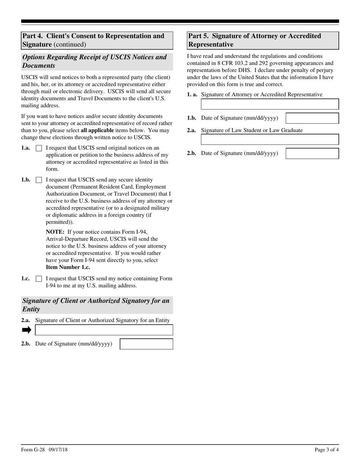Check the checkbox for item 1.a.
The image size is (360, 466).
tap(39, 149)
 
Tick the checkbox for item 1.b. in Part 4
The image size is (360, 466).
tap(39, 180)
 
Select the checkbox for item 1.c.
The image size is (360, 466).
tap(39, 279)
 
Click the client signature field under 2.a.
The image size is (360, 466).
tap(104, 330)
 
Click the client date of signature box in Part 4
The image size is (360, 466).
tap(146, 344)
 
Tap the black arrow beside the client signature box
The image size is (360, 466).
tap(27, 330)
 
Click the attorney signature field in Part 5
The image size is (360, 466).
tap(270, 104)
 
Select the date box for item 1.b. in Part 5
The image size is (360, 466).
tap(312, 118)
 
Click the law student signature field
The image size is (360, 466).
tap(270, 139)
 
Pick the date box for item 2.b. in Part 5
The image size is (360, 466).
tap(312, 153)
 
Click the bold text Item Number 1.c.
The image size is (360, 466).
tap(68, 267)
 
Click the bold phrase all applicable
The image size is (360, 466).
tap(97, 130)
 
